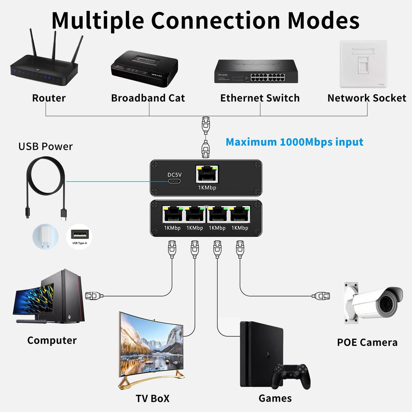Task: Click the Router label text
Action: (x=49, y=98)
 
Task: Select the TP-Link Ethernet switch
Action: (x=256, y=72)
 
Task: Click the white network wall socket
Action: (x=363, y=64)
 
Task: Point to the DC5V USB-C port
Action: (x=174, y=181)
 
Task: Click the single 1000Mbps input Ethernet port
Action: (x=207, y=174)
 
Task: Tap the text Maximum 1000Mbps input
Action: (x=294, y=142)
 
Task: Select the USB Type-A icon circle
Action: (x=79, y=236)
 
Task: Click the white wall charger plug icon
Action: (x=45, y=236)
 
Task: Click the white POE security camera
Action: (x=375, y=303)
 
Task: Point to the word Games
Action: (x=275, y=398)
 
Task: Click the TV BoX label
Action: (x=152, y=399)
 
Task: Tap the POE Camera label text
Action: (x=367, y=343)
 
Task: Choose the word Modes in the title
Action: (x=323, y=21)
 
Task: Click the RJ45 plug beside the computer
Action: (x=94, y=296)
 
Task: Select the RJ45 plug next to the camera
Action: (x=321, y=296)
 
